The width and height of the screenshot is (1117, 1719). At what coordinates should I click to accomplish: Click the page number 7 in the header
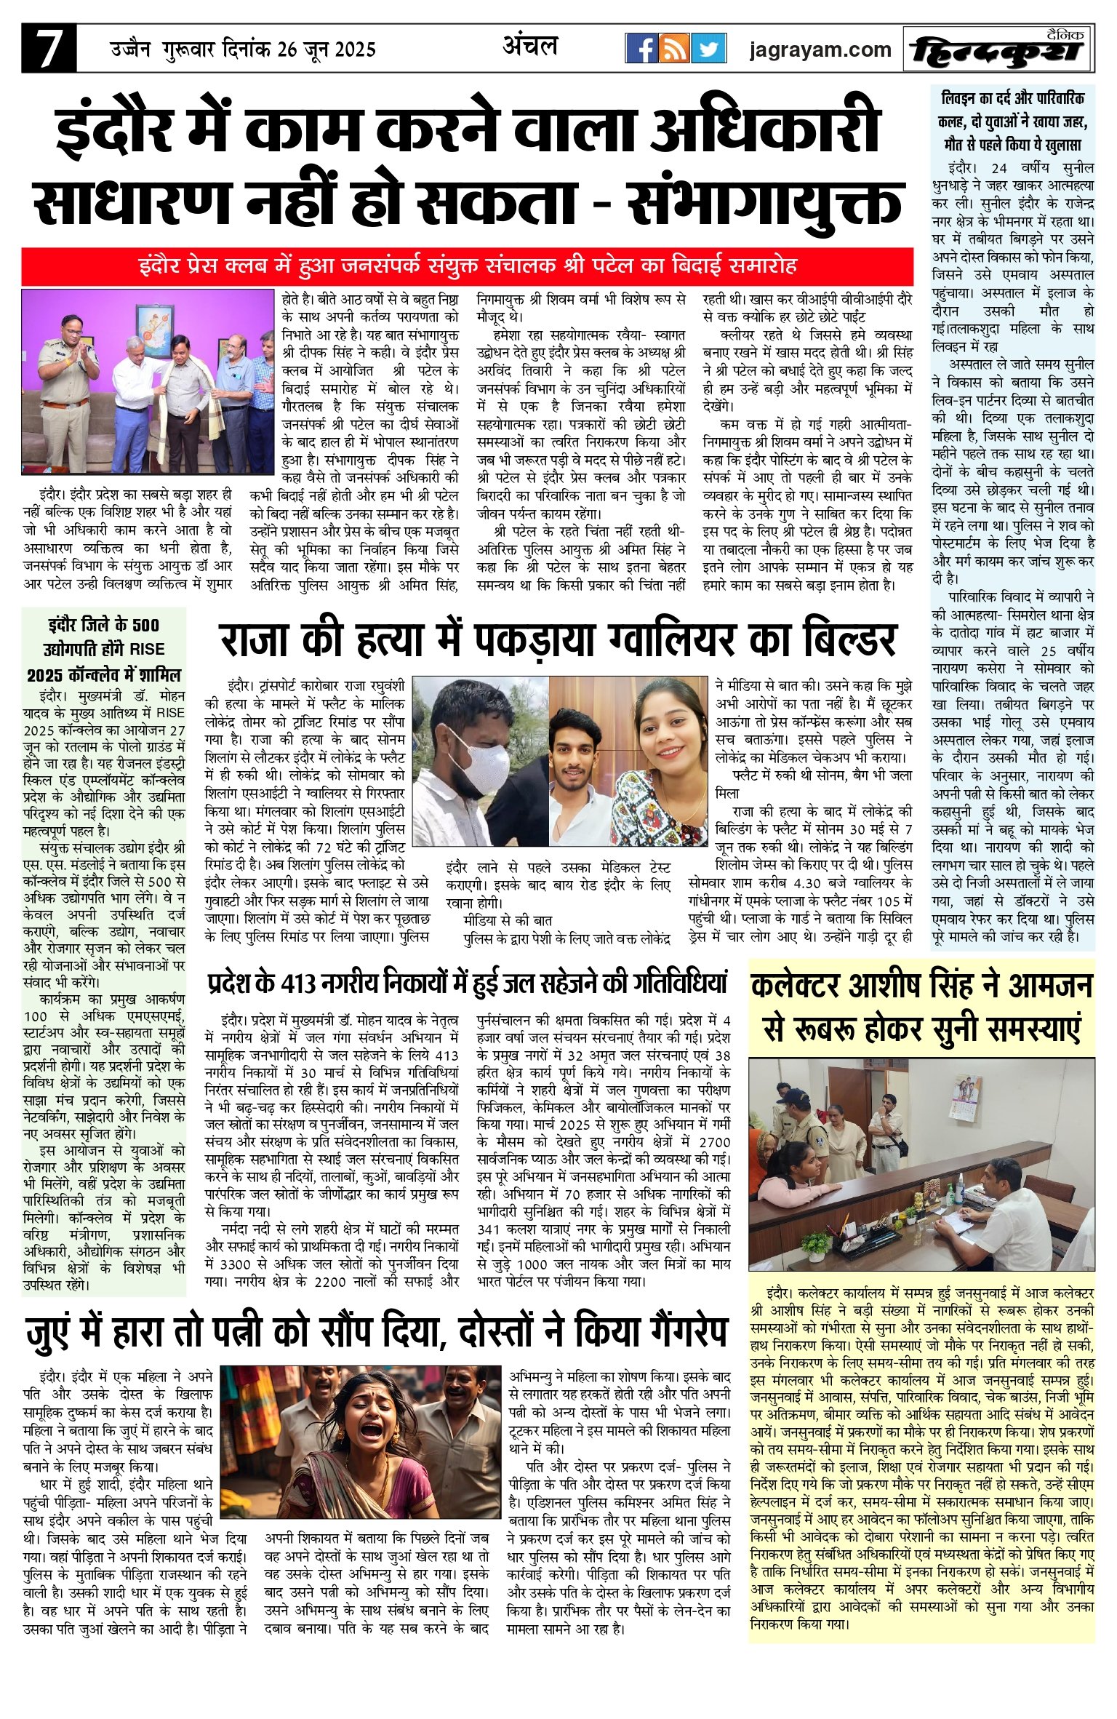click(x=48, y=49)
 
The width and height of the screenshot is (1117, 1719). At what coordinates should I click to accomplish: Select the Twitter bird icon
click(x=708, y=49)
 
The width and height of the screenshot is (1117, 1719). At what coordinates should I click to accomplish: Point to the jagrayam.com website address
click(x=820, y=49)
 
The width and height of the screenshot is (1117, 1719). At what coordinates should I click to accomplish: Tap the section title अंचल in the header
click(x=530, y=46)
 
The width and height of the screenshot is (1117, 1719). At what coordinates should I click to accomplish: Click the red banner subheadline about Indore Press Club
click(x=467, y=266)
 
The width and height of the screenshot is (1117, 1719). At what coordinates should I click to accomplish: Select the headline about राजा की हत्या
click(x=557, y=639)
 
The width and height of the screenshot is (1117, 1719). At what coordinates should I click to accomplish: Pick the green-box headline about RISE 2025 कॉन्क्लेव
click(x=103, y=649)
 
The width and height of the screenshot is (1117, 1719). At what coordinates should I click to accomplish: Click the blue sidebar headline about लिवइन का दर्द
click(x=1013, y=121)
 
